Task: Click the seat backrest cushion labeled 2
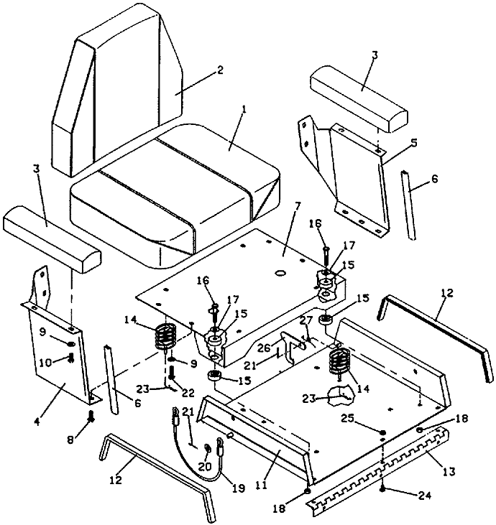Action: [x=117, y=90]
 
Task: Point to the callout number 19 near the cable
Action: [x=239, y=488]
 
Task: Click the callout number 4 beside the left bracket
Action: [x=37, y=421]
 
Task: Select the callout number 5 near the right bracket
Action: [x=414, y=144]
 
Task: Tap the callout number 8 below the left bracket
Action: [x=70, y=440]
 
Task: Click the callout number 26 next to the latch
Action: [x=263, y=348]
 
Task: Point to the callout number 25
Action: [x=349, y=418]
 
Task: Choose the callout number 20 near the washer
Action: [x=205, y=466]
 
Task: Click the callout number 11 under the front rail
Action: [x=262, y=485]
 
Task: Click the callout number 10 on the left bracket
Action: [x=45, y=362]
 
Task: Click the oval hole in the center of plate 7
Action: [x=280, y=273]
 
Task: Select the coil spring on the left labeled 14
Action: [x=165, y=337]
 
